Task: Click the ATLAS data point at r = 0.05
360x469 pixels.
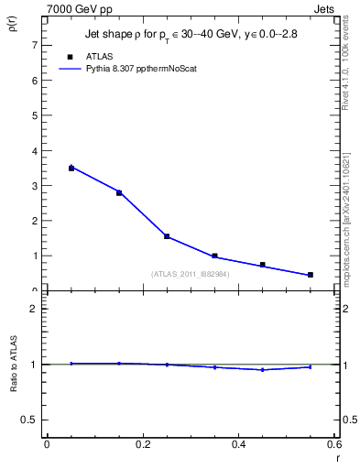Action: point(71,168)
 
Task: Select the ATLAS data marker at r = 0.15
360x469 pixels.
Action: point(119,192)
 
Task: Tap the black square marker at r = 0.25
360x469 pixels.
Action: point(167,236)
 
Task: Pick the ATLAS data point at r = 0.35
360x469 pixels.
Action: point(214,256)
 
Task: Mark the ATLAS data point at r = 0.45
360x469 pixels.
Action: point(262,265)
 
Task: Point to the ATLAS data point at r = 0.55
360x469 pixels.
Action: point(311,275)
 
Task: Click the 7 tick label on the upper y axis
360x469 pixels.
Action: point(34,45)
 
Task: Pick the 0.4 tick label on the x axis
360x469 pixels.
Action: point(238,445)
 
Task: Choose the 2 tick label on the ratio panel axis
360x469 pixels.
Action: point(34,309)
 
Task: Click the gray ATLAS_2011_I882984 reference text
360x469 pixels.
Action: point(190,274)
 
